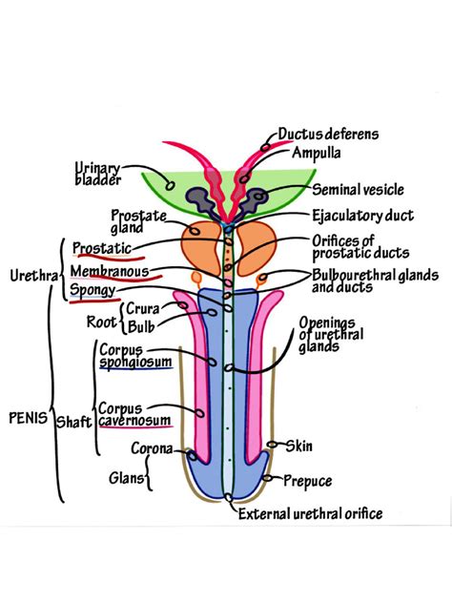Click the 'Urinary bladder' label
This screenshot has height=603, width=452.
click(95, 177)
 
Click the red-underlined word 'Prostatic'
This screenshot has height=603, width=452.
click(102, 249)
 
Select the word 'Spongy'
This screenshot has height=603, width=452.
click(93, 289)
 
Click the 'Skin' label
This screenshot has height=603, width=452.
click(298, 446)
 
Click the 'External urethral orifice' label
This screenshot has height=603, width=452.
click(310, 514)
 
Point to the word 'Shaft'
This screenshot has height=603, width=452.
click(72, 421)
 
